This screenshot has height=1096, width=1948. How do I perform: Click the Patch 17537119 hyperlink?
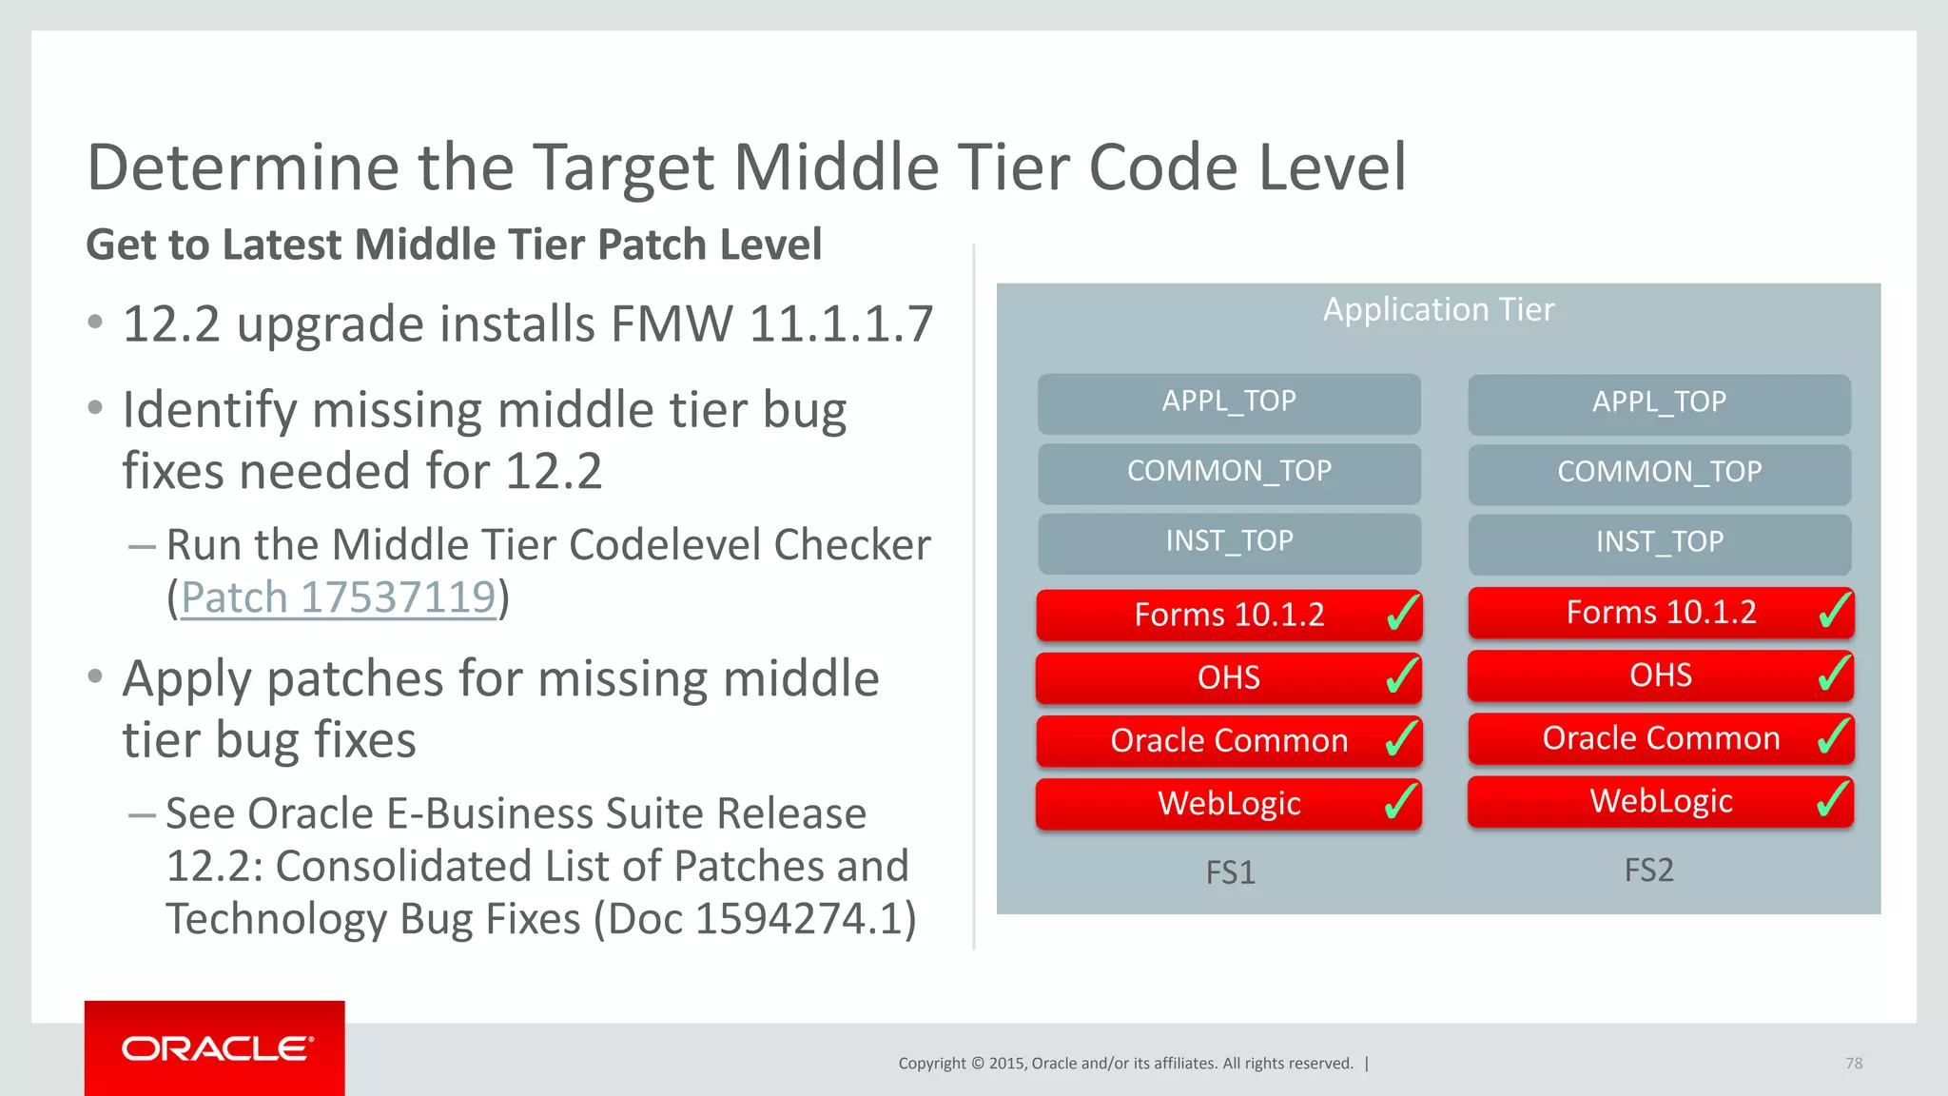pos(338,598)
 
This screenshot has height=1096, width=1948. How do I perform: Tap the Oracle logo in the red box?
pos(216,1048)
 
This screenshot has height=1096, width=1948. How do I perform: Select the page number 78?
pos(1853,1064)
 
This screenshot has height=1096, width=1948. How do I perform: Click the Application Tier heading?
pos(1438,310)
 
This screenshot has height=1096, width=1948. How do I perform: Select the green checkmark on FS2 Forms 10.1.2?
pos(1834,610)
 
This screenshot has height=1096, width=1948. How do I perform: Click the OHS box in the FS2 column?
pos(1660,675)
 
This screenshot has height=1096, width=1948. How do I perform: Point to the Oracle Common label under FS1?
pos(1229,741)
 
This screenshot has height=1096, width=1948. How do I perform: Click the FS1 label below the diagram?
pos(1230,872)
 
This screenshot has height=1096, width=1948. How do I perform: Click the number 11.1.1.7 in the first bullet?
pos(841,325)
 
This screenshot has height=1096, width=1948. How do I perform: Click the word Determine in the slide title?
pos(242,168)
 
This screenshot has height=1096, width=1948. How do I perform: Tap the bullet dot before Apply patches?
pos(94,677)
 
